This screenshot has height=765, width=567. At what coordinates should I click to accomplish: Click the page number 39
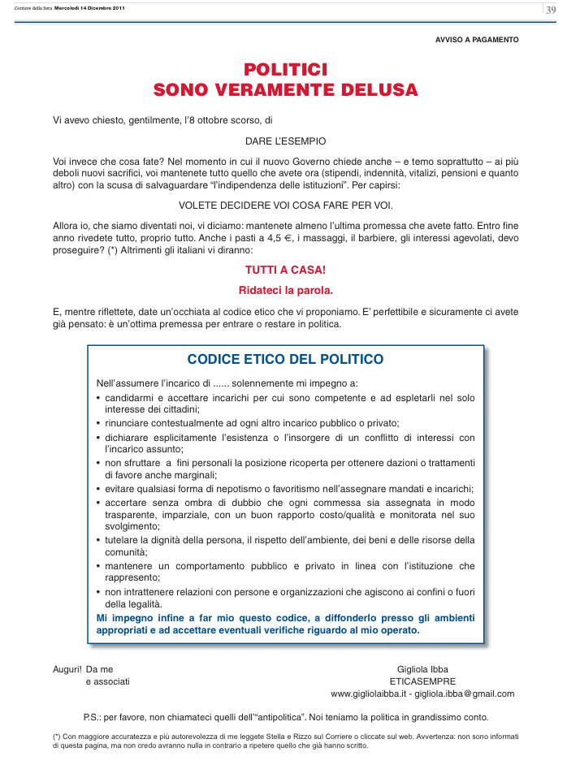click(x=551, y=10)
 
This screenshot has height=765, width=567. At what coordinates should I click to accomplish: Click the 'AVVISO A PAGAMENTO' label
click(x=477, y=40)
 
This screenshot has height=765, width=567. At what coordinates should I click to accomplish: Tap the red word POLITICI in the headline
click(x=285, y=71)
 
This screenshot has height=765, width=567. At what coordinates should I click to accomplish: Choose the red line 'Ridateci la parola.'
click(x=285, y=289)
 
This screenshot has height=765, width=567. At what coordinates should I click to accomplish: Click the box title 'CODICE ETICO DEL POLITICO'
click(x=285, y=359)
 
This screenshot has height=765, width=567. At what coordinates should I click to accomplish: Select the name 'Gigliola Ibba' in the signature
click(x=422, y=669)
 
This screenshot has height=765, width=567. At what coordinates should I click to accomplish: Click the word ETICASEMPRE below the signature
click(x=422, y=681)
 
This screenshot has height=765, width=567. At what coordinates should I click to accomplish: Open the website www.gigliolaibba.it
click(x=368, y=694)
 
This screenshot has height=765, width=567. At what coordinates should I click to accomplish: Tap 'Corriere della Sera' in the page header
click(x=33, y=8)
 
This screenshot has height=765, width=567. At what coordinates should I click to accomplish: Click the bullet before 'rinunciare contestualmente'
click(x=98, y=424)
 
